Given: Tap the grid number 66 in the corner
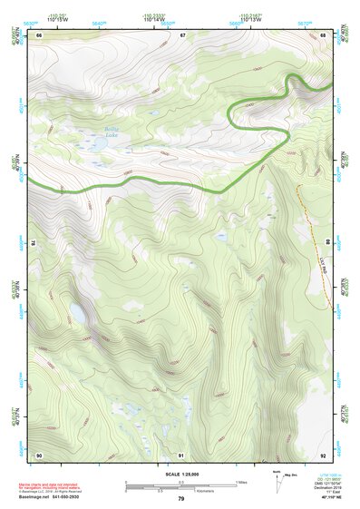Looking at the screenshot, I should pos(40,35).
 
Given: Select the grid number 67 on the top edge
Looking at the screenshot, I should pos(182,35).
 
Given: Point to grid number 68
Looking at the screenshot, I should pos(323,35).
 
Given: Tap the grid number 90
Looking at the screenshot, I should pos(39,455).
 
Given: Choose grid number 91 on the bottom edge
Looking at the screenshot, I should pos(181,455).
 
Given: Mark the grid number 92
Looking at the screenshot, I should pos(323,455).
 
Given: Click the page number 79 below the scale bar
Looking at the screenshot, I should pos(180,499).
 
